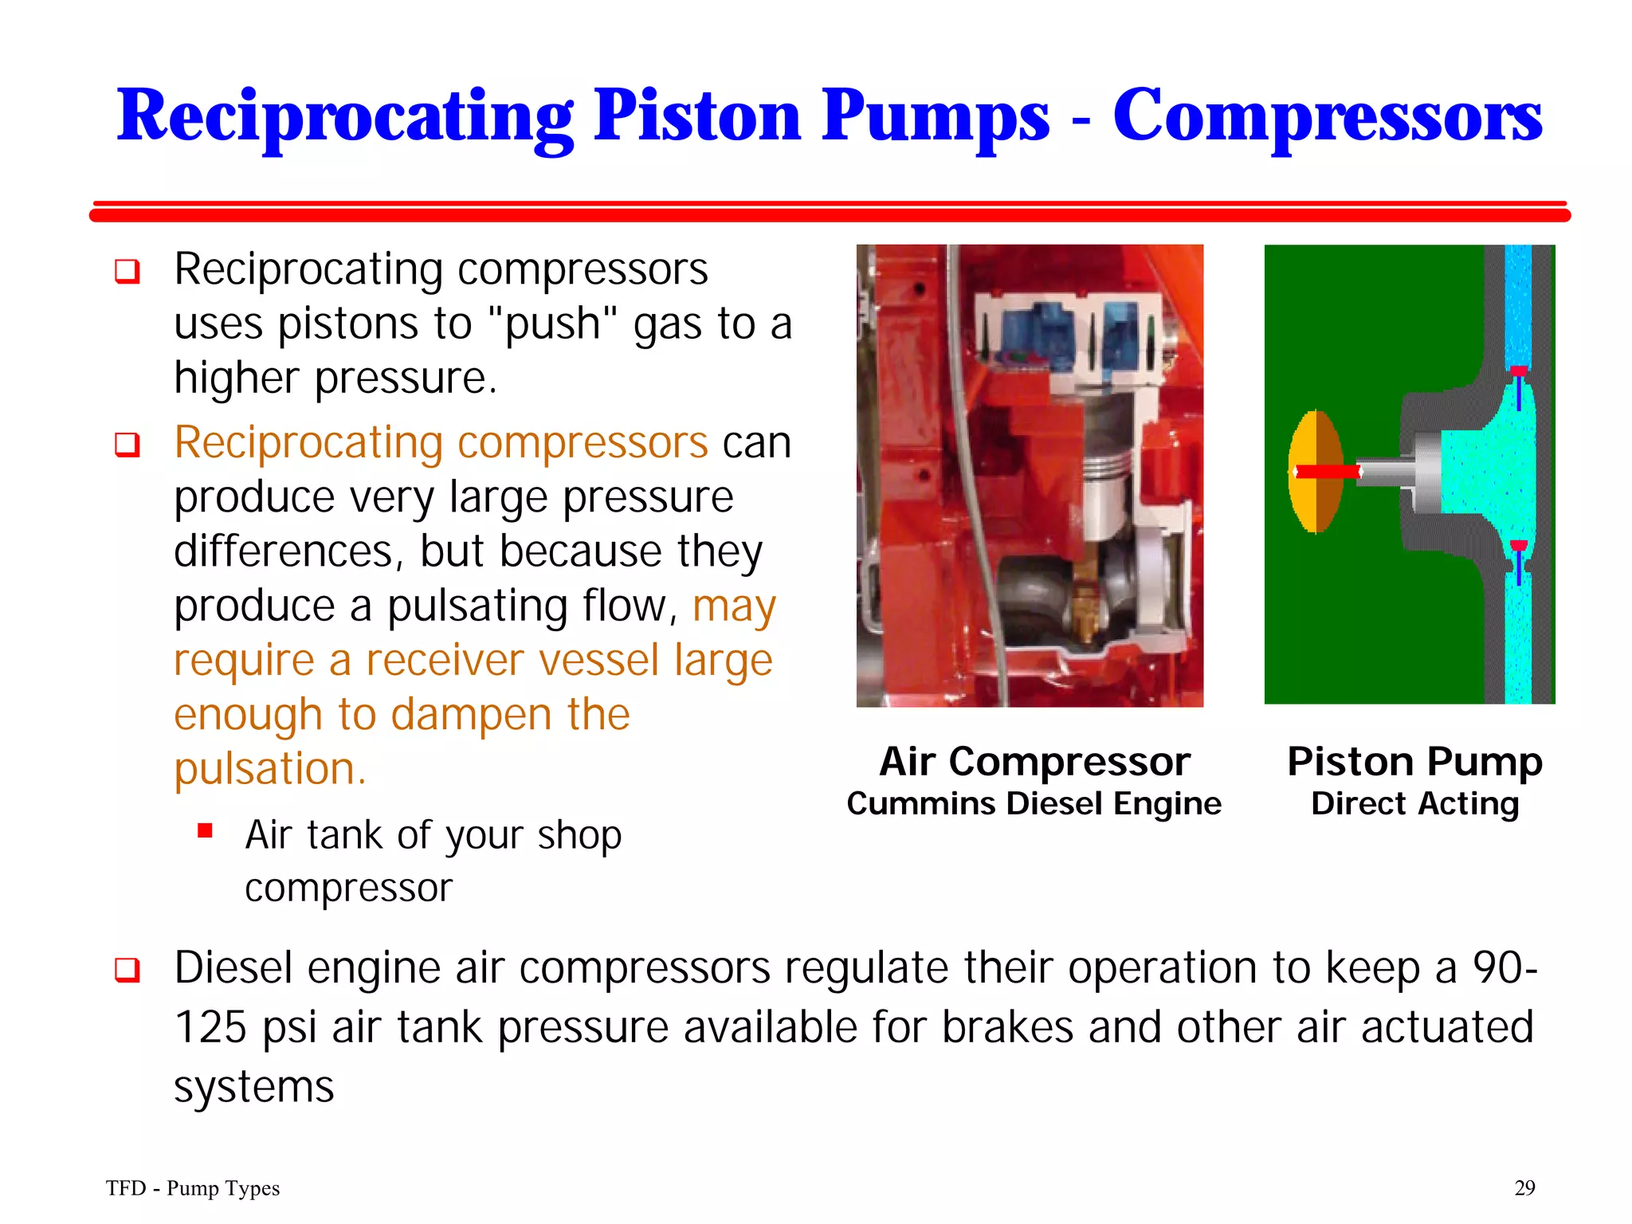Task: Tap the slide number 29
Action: pos(1524,1188)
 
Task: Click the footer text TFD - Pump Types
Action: pos(193,1188)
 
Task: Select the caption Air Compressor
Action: pos(1034,761)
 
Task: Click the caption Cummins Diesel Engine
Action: pos(1034,803)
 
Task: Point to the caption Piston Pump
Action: pos(1414,761)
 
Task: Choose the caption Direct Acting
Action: pos(1414,803)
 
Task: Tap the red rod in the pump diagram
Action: pos(1328,472)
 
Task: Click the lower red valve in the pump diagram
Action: pos(1519,547)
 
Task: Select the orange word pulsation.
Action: pos(269,769)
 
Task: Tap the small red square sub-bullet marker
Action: pos(205,831)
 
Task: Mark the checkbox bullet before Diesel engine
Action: pos(127,970)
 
